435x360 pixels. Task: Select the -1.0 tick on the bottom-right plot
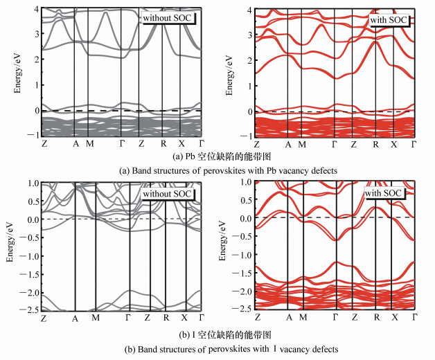tap(238, 254)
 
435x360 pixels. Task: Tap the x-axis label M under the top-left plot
tap(89, 144)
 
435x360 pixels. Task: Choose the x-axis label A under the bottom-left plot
tap(75, 318)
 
